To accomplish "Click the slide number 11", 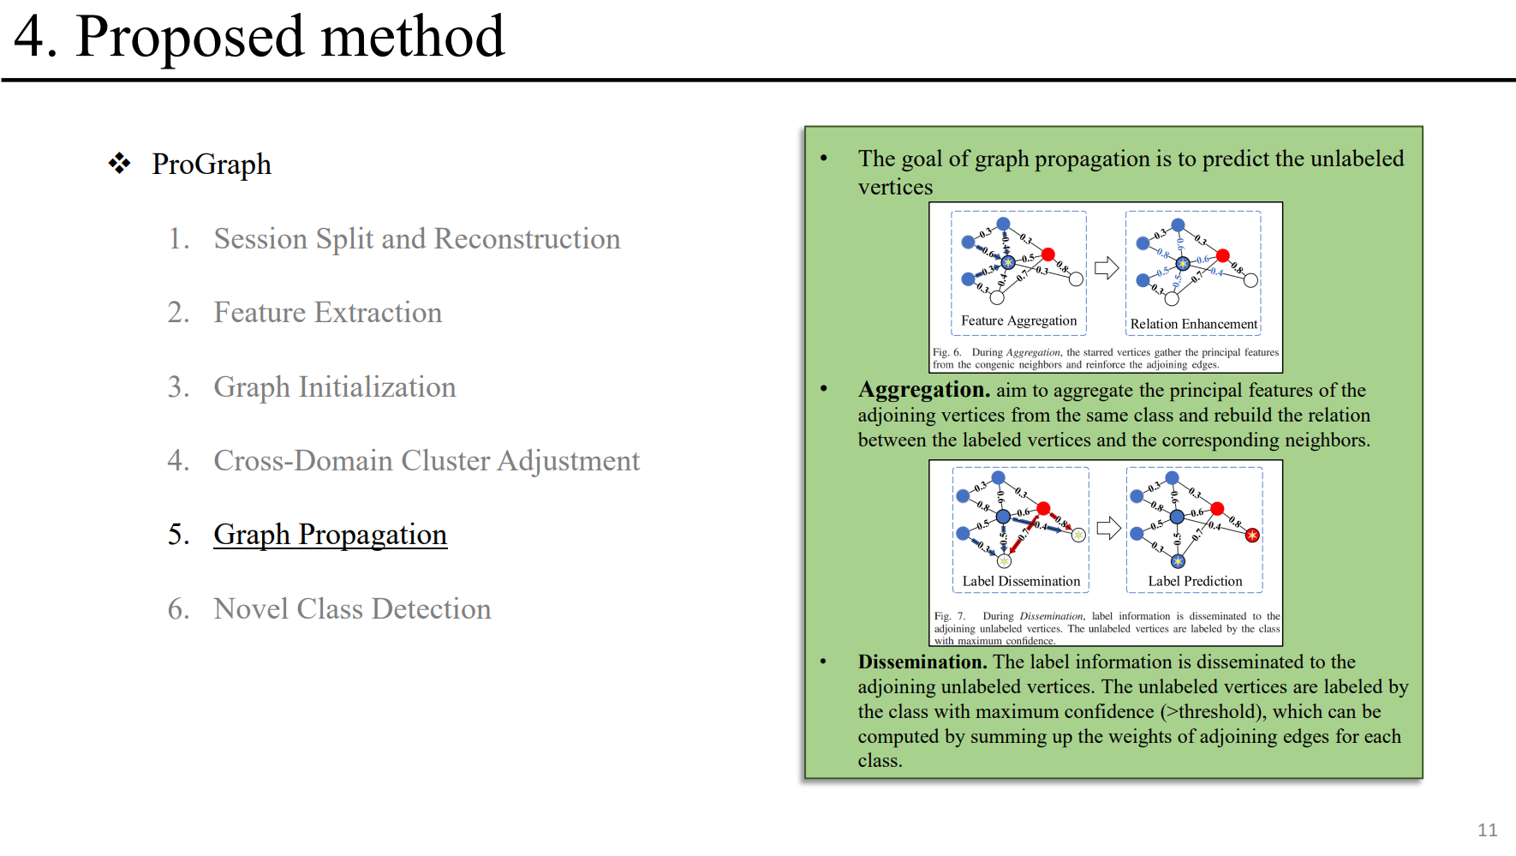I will coord(1487,829).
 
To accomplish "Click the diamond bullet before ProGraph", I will coord(119,163).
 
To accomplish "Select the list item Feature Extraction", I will coord(327,313).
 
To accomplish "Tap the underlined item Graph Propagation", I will coord(330,535).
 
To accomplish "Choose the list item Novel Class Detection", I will coord(352,609).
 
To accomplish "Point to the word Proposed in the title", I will coord(189,37).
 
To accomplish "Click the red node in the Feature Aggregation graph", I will coord(1048,254).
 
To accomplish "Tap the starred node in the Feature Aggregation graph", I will coord(1008,262).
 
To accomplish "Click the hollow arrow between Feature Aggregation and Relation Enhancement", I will coord(1107,268).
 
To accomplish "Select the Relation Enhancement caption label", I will coord(1193,324).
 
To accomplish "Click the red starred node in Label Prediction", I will coord(1252,535).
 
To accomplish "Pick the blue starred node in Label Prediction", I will coord(1178,561).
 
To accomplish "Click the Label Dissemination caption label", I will coord(1021,581).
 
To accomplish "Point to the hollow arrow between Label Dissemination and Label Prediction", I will coord(1108,528).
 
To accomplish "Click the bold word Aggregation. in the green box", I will coord(923,390).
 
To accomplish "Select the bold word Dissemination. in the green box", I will coord(922,662).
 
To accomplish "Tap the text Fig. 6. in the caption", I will coord(946,352).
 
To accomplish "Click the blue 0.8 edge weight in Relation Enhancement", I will coord(1162,254).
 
